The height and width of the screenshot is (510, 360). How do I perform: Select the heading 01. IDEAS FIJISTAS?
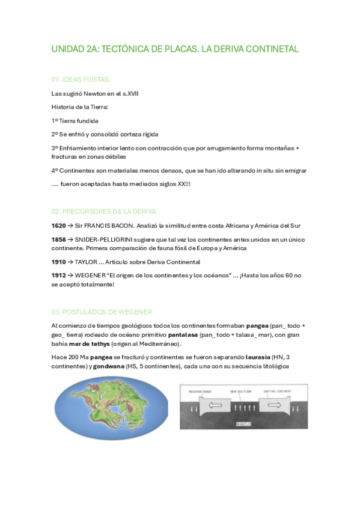[81, 79]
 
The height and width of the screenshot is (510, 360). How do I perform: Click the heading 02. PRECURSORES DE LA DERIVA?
[103, 211]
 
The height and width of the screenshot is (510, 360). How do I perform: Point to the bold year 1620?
[58, 226]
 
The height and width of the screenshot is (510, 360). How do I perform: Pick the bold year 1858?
[58, 239]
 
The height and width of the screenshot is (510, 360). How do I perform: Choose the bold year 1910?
[58, 262]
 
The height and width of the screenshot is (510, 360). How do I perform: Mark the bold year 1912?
[58, 275]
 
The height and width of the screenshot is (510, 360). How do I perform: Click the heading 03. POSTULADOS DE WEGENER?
[102, 312]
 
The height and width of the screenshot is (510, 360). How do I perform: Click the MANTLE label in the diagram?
[243, 423]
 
